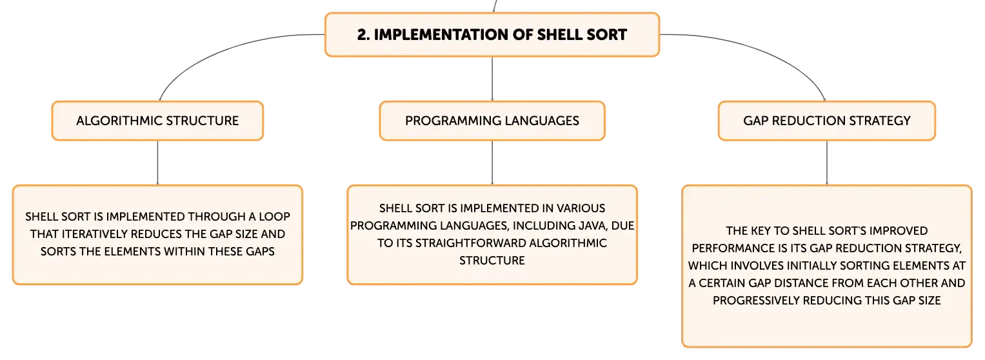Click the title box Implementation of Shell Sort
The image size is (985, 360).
tap(492, 35)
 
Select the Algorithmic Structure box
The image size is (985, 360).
tap(157, 121)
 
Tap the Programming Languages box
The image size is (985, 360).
tap(492, 121)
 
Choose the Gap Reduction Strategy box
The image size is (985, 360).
tap(827, 121)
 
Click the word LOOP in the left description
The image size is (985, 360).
tap(274, 217)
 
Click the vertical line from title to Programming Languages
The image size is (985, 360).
tap(492, 79)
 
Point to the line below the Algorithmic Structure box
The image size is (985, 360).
tap(157, 163)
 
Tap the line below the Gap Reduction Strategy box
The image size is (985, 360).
tap(827, 163)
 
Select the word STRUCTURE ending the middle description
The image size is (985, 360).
tap(492, 261)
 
